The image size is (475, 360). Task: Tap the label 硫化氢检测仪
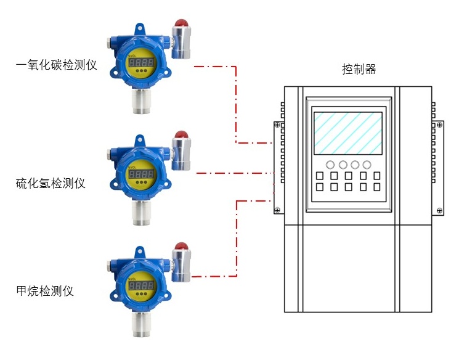[51, 183]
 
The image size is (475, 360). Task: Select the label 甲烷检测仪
[45, 290]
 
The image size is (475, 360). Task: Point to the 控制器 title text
[359, 69]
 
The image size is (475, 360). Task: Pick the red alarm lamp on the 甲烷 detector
[181, 245]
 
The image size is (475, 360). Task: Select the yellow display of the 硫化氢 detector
[141, 174]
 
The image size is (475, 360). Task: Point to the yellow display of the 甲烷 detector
[141, 286]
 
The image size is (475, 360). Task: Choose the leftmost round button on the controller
[330, 165]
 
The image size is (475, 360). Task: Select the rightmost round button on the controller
[367, 165]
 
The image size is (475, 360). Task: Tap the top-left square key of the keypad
[320, 176]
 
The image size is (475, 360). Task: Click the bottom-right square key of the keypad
[376, 187]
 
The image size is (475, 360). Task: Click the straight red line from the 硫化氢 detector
[234, 174]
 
